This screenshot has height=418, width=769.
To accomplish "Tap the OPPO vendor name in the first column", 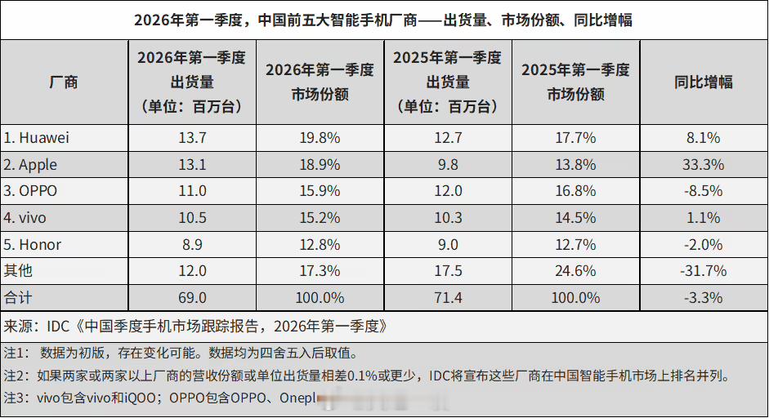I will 32,192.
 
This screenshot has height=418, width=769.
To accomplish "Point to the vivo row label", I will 28,218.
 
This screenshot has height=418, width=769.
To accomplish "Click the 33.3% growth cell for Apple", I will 703,165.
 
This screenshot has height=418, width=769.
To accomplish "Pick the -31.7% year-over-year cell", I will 703,271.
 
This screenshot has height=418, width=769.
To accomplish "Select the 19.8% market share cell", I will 320,138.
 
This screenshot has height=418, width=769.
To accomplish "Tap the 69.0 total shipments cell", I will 192,298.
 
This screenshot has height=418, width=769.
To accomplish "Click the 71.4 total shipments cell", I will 448,298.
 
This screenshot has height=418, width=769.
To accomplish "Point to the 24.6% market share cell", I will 575,271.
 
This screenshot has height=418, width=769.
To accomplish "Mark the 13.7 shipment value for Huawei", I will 192,138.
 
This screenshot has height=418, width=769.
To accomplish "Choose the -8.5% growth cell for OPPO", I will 703,192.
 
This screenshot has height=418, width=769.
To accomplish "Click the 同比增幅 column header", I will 703,82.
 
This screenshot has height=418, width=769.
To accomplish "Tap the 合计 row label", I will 19,298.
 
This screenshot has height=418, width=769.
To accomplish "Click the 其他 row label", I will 19,271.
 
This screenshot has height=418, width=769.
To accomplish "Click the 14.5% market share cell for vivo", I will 575,218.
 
